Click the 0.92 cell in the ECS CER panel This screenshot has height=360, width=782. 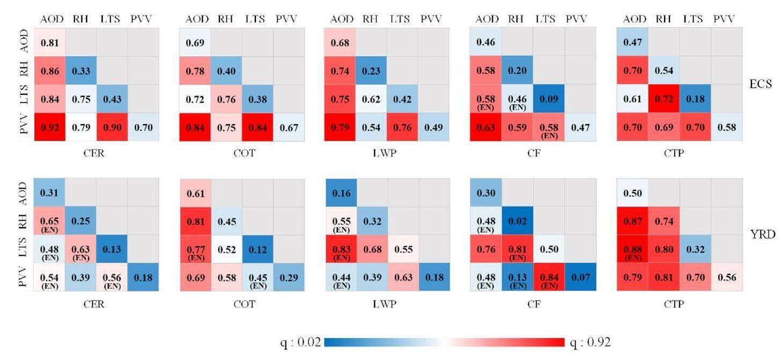point(50,128)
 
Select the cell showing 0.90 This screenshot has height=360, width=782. point(112,128)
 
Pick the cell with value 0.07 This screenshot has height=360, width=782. point(579,277)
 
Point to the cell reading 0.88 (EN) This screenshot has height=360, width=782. point(633,249)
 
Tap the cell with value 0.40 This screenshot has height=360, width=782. point(226,70)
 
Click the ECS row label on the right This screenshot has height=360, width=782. point(761,84)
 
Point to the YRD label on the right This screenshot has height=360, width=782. point(762,234)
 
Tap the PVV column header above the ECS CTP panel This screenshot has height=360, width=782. point(725,19)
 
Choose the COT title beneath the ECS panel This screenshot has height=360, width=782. point(241,153)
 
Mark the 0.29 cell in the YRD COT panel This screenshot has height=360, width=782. point(289,277)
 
